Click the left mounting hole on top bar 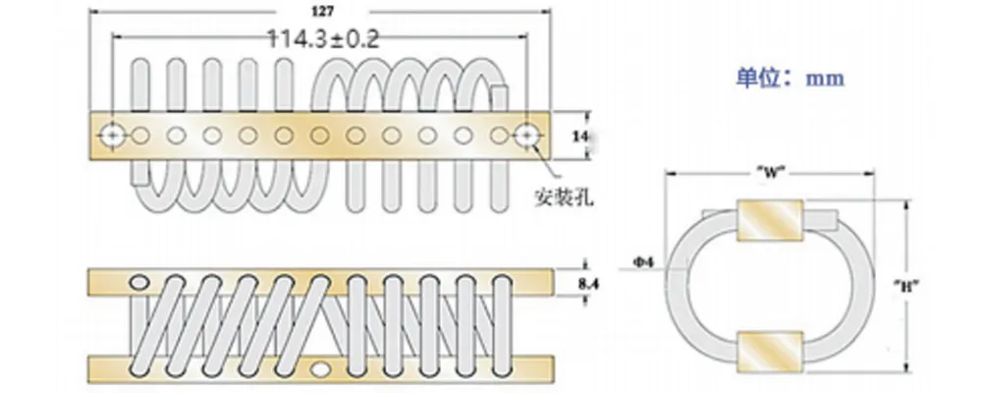click(x=113, y=133)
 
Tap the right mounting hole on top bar click(x=528, y=133)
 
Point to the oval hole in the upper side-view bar click(x=140, y=283)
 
